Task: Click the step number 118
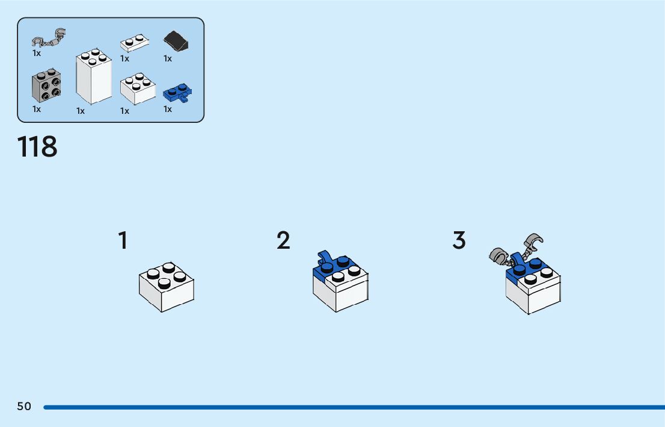tap(37, 147)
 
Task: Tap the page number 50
tap(24, 407)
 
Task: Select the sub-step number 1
tap(123, 241)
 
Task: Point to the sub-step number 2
tap(283, 241)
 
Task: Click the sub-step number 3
tap(459, 241)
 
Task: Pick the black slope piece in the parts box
tap(176, 42)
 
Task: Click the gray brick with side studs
tap(46, 87)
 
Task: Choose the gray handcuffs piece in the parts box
tap(48, 39)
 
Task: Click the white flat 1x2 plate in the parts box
tap(134, 43)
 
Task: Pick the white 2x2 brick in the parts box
tap(138, 89)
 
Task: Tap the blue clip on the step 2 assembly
tap(325, 258)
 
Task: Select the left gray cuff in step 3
tap(498, 257)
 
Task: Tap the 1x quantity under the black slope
tap(168, 59)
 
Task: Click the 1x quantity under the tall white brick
tap(81, 111)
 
